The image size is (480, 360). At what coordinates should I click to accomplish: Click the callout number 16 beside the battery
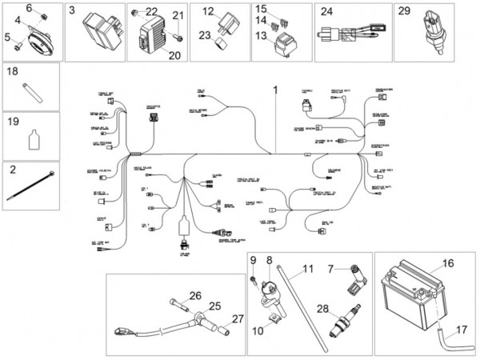click(448, 262)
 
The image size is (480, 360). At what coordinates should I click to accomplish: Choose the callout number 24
click(326, 11)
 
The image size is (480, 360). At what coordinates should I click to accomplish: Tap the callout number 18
click(13, 72)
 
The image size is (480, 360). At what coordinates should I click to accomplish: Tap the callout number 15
click(261, 9)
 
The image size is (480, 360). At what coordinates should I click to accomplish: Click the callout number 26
click(195, 295)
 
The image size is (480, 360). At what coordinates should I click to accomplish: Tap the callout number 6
click(30, 8)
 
